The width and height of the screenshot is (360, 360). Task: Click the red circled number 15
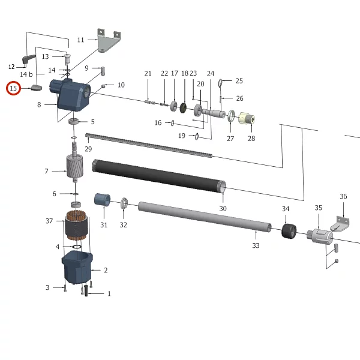point(13,88)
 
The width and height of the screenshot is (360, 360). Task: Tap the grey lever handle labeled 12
point(29,59)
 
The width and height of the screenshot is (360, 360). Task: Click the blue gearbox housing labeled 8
point(70,95)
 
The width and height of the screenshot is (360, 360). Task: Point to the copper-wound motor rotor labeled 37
point(76,226)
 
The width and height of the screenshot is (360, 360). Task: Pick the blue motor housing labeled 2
point(77,268)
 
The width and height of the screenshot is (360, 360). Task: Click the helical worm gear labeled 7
point(74,166)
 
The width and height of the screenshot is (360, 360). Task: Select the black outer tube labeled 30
point(159,176)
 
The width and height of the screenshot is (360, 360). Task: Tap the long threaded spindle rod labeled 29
point(149,146)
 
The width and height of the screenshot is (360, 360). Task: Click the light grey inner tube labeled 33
point(205,217)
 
